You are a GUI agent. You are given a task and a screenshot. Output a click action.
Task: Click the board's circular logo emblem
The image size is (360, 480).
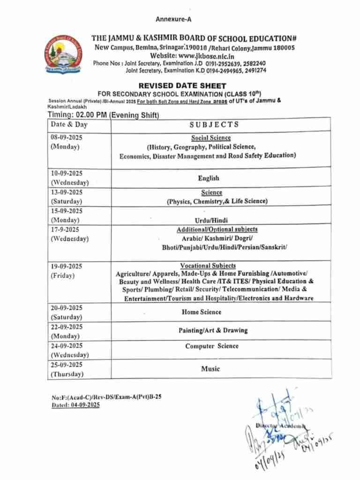point(63,54)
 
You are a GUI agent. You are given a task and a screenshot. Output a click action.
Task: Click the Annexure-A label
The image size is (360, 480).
point(173,19)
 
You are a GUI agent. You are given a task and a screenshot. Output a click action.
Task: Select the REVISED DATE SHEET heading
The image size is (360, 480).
point(182,86)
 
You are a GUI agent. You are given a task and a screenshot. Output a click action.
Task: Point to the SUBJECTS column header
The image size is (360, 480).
point(214,124)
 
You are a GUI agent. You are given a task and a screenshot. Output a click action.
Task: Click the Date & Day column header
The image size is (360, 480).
point(69,125)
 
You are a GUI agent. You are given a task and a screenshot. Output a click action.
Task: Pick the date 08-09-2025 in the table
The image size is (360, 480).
point(67,137)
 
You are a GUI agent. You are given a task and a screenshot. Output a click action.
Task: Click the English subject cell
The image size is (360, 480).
point(209,179)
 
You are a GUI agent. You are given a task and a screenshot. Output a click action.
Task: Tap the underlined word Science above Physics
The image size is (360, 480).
point(212,193)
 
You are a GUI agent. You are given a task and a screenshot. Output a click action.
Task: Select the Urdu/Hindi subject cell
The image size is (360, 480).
point(209,220)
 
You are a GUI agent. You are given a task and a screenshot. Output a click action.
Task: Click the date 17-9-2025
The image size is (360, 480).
point(65,229)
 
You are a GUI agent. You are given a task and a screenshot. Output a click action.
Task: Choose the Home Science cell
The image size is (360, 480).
point(202,312)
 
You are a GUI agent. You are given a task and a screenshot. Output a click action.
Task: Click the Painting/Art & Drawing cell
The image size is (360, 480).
point(213,330)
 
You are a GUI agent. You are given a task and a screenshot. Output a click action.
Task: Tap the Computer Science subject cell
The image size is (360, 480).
point(211,346)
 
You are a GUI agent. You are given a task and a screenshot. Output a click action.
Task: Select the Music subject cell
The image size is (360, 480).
point(210,369)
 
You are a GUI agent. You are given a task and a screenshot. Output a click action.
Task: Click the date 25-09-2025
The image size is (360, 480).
point(67,365)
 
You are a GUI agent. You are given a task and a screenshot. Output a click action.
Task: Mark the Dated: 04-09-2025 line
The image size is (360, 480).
point(75,405)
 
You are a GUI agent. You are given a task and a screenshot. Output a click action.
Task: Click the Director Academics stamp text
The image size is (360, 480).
point(280,426)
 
